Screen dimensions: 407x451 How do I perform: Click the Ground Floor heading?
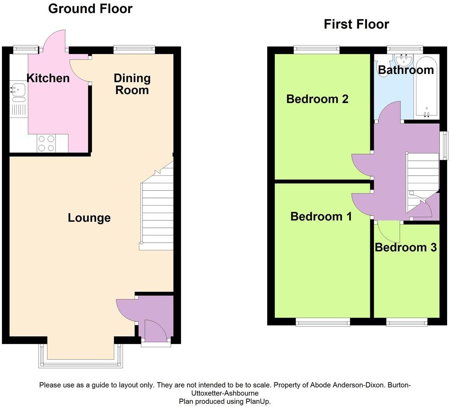click(90, 8)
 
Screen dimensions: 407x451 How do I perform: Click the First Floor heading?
click(356, 24)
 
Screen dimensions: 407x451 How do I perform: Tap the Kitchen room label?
click(48, 78)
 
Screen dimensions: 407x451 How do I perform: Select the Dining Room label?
click(132, 84)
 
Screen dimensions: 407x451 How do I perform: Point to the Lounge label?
click(89, 218)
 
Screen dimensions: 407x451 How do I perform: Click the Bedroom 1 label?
click(321, 217)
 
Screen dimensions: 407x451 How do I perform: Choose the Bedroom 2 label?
click(317, 99)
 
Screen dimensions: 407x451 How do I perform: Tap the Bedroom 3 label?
click(405, 248)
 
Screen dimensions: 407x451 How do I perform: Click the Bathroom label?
click(405, 70)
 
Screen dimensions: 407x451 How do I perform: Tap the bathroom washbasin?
click(404, 60)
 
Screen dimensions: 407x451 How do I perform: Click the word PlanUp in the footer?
click(258, 401)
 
